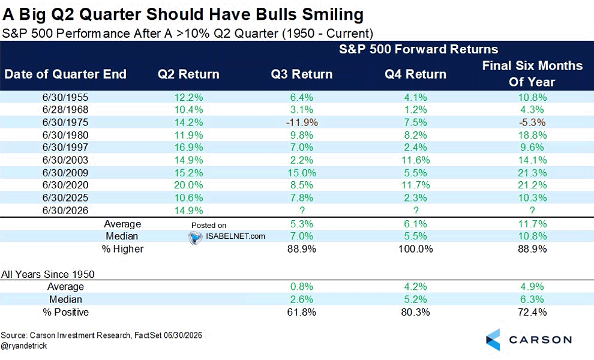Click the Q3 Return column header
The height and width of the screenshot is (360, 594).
(302, 74)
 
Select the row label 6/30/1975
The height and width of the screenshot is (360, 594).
(65, 122)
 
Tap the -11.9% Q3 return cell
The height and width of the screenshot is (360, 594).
(302, 122)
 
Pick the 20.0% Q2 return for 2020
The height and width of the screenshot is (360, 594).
(188, 185)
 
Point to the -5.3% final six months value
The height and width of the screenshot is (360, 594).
(532, 122)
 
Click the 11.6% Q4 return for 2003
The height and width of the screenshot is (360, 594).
(416, 160)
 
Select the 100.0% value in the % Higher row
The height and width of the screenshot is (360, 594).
(416, 249)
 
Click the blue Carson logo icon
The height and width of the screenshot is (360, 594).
(493, 340)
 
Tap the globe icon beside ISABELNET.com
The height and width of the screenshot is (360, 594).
(196, 238)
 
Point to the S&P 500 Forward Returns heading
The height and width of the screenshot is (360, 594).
(418, 49)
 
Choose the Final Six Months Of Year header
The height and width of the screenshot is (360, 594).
(532, 74)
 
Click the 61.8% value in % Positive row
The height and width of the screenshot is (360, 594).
(302, 312)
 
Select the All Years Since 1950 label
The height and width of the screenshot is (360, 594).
(48, 274)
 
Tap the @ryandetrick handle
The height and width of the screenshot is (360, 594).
(24, 346)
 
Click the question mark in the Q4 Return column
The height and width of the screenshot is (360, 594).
(416, 211)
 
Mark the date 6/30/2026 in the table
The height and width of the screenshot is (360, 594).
(65, 211)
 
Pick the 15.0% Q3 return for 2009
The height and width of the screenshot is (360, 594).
(302, 173)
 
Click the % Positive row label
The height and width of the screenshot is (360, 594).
(65, 312)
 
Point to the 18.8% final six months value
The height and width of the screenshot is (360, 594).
(532, 135)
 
